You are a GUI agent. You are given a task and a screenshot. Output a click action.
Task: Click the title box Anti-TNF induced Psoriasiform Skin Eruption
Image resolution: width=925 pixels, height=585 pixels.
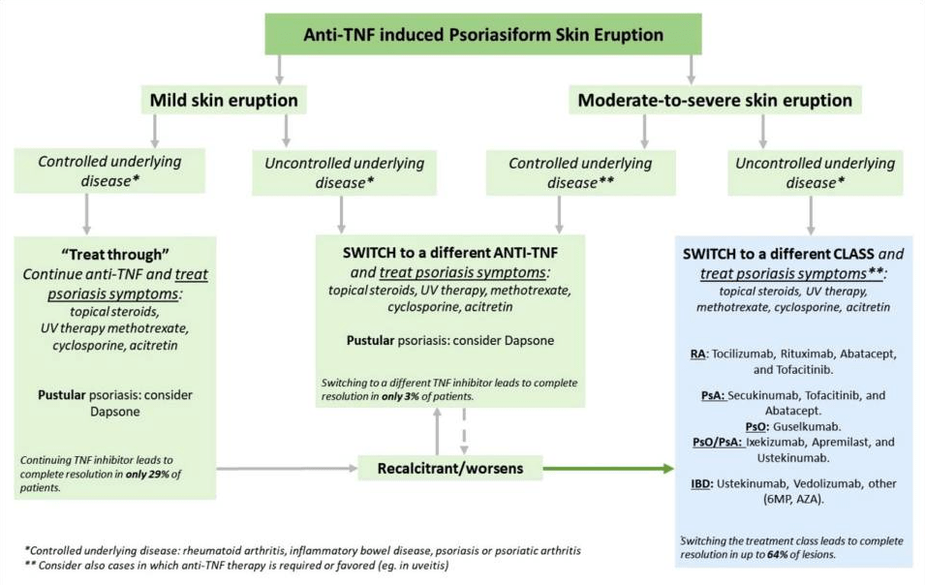click(x=483, y=34)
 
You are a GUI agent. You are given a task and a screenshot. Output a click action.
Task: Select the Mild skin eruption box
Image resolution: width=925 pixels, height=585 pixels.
click(x=224, y=101)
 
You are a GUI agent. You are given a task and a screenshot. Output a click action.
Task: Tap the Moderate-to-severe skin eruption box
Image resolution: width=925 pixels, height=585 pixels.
click(x=715, y=101)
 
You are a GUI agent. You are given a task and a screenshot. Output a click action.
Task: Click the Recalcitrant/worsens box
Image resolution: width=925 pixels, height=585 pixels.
click(x=450, y=468)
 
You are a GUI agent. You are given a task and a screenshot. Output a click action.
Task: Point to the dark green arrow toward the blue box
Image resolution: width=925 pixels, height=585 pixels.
click(x=608, y=469)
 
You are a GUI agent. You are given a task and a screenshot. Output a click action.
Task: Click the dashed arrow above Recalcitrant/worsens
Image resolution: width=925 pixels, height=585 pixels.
click(x=464, y=431)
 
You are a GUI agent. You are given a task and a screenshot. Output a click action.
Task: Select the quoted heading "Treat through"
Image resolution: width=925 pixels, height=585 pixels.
click(x=115, y=255)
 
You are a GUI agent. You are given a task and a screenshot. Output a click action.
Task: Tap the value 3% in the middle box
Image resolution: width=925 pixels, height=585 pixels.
click(x=412, y=397)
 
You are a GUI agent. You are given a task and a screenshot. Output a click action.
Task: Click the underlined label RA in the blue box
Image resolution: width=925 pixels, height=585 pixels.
click(x=698, y=354)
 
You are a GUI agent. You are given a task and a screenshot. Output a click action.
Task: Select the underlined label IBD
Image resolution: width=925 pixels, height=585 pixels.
click(x=702, y=484)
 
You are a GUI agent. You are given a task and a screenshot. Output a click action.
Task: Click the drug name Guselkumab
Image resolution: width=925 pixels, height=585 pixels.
click(x=807, y=426)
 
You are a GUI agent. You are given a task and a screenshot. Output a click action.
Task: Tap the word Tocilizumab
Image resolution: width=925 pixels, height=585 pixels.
click(x=743, y=354)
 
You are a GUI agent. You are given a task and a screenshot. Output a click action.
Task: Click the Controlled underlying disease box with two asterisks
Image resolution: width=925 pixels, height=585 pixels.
click(x=580, y=172)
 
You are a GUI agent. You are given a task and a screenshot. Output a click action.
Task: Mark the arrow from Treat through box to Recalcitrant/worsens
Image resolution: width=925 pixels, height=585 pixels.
click(x=288, y=469)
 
